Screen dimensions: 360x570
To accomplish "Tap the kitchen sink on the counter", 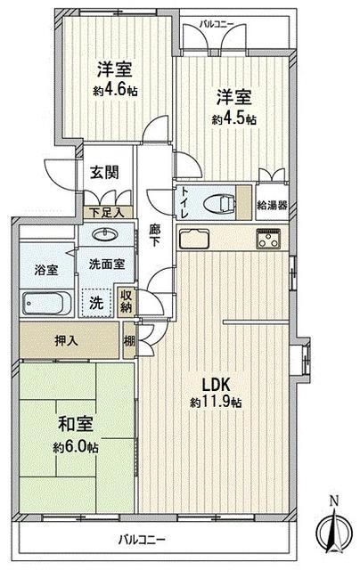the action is point(194,239).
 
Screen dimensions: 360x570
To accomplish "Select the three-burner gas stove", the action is point(268,239).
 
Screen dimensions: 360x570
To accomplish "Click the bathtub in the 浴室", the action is point(47,303).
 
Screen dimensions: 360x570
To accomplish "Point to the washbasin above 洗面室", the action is point(105,234).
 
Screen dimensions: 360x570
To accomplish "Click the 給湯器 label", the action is point(273,205).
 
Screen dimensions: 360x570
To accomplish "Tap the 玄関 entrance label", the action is point(105,172).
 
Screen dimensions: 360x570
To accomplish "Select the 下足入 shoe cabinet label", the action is point(107,212).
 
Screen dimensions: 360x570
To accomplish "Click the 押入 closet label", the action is point(66,340).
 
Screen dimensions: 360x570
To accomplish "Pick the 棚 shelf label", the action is point(129,341).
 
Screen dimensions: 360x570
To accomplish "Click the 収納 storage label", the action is point(126,301).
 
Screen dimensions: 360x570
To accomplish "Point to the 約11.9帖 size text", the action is point(216,403).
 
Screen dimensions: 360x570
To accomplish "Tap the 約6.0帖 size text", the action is point(76,447).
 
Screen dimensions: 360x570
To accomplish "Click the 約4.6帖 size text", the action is point(115,91).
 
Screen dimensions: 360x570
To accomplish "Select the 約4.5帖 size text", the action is point(234,119).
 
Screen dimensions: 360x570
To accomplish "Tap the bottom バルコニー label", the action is point(143,540).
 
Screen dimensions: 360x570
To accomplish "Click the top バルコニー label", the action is point(217,24).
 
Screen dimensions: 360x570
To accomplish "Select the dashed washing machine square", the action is point(96,303).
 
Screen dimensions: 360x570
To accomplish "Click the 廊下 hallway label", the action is point(154,235).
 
